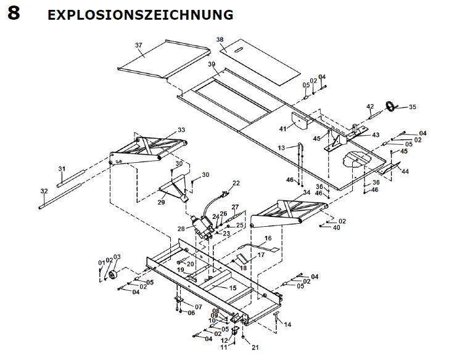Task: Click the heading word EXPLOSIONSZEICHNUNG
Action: tap(140, 14)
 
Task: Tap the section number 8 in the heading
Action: tap(14, 14)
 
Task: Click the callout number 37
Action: tap(139, 46)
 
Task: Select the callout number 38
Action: tap(220, 39)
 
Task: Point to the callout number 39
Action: tap(212, 65)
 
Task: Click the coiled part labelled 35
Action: tap(390, 106)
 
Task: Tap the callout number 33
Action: tap(181, 130)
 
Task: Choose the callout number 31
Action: tap(61, 169)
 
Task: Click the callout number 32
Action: tap(43, 190)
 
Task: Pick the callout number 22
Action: tap(236, 183)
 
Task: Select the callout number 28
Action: tap(181, 229)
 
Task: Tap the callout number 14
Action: tap(287, 324)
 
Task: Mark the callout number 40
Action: tap(336, 228)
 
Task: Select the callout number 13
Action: tap(281, 148)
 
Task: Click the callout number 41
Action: tap(283, 128)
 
